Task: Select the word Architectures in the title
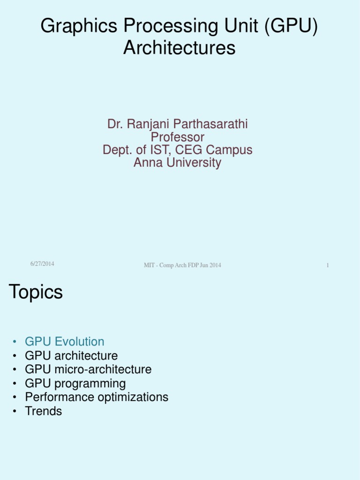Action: (180, 48)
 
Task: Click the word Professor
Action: (177, 137)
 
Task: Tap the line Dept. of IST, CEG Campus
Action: (177, 150)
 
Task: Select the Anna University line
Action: (177, 163)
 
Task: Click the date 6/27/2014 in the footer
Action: (42, 264)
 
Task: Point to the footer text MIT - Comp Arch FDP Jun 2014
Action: (182, 265)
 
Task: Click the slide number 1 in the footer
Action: (328, 265)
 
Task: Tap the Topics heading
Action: (36, 292)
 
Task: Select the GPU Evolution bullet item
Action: (65, 341)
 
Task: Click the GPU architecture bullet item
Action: (71, 355)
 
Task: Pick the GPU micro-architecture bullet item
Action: (88, 369)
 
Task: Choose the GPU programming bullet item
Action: (75, 383)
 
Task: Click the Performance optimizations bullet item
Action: (97, 397)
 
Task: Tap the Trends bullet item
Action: (44, 411)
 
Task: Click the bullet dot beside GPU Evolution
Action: (15, 342)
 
